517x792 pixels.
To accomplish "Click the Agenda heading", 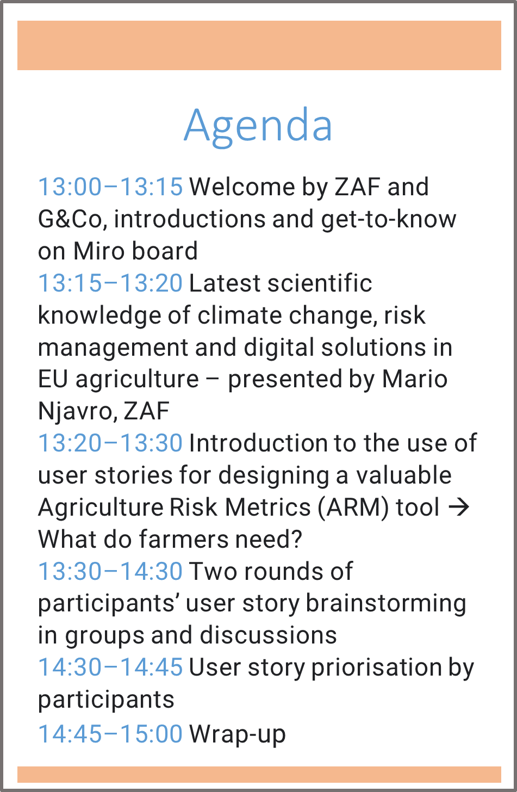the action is [258, 126].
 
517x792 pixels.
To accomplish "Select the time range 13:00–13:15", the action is [110, 187].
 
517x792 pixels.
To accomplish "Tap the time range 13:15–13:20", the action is [110, 283].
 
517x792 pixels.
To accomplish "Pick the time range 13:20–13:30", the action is [110, 443].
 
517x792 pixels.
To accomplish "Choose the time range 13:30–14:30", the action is [110, 571].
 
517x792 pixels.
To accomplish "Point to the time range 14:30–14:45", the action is [110, 667].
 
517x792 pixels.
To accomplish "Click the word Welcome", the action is [242, 187].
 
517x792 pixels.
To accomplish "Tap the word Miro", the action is [99, 251].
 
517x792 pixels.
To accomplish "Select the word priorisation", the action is [377, 668].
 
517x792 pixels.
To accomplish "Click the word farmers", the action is [184, 539].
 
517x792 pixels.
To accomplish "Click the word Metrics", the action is [268, 508].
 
